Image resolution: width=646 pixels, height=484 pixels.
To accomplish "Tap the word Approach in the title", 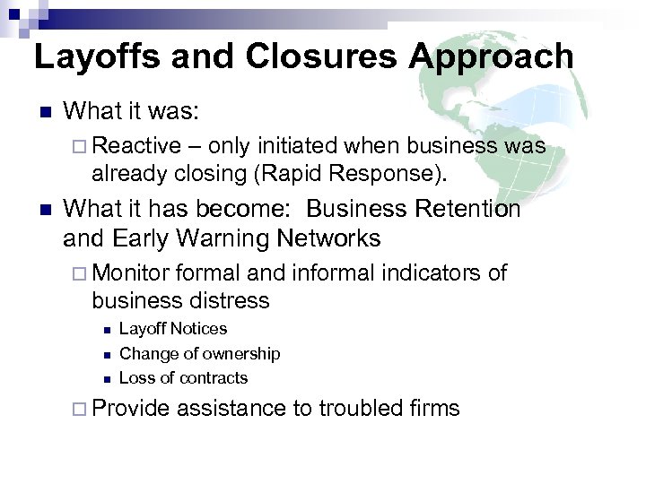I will coord(492,56).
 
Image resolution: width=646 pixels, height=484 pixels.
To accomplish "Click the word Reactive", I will coord(135,146).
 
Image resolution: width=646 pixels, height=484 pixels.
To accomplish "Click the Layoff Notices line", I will coord(173,329).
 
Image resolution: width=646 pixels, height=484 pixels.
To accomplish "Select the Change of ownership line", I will coord(199,354).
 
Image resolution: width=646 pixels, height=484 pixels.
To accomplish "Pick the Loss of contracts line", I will coord(183,378).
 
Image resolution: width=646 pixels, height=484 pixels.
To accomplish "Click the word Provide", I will coord(131,409).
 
